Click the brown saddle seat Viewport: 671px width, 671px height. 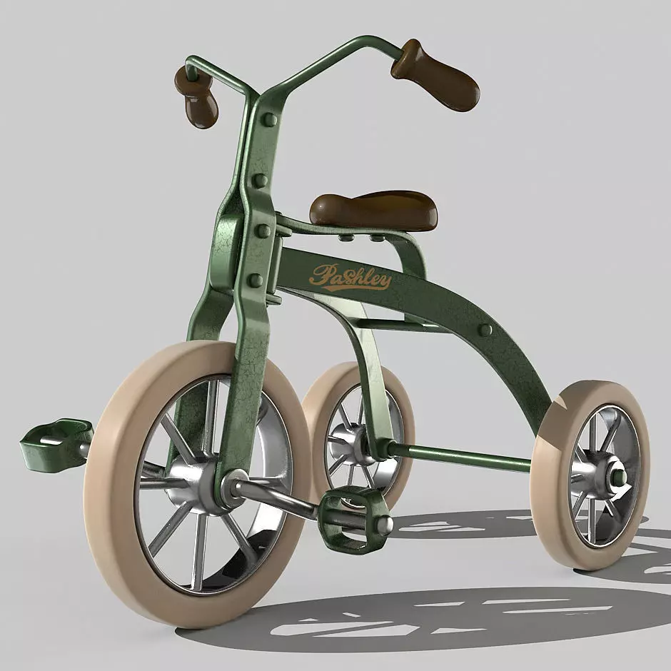(x=373, y=209)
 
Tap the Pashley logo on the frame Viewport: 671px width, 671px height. (x=350, y=276)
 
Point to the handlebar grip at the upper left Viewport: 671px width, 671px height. (x=198, y=100)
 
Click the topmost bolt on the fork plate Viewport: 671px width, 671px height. (x=269, y=119)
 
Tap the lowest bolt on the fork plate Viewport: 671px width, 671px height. (x=255, y=280)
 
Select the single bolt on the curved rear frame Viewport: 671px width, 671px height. (x=485, y=330)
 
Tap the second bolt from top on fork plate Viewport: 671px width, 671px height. (x=260, y=180)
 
